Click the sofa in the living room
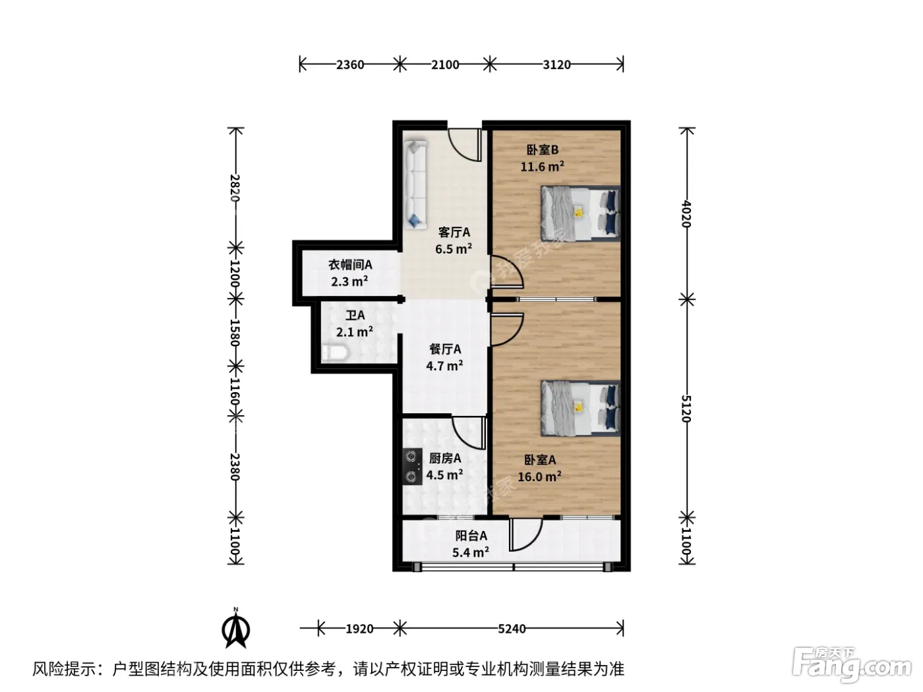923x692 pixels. pos(415,185)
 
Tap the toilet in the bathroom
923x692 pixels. pos(335,353)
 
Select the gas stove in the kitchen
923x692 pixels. pos(412,467)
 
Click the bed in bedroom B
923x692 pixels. pos(580,213)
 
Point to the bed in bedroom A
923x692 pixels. pos(580,408)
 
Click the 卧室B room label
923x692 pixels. pos(542,150)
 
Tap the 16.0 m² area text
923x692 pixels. pos(539,476)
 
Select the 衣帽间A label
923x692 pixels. pos(350,265)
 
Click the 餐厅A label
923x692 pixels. pos(445,349)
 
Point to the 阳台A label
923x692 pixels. pos(471,536)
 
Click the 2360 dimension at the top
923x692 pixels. pos(350,65)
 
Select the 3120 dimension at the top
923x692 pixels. pos(556,65)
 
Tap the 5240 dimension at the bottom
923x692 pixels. pos(512,629)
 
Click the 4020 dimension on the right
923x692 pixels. pos(686,214)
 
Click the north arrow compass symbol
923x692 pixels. pos(236,629)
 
